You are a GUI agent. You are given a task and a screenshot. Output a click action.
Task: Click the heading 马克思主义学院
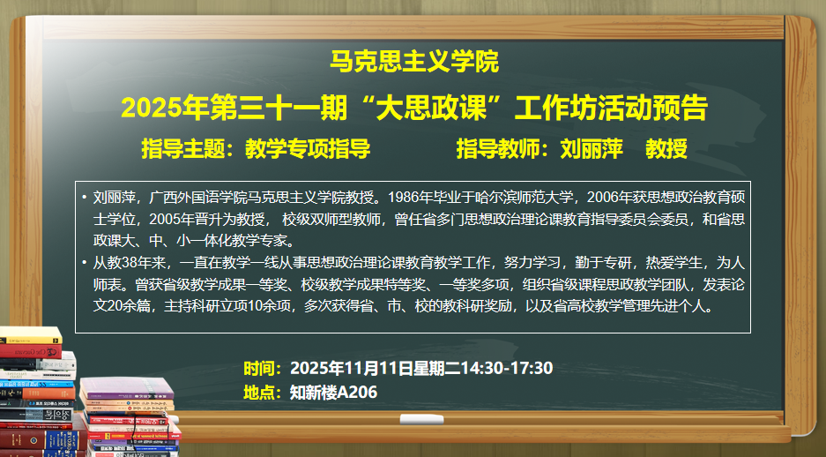pos(414,61)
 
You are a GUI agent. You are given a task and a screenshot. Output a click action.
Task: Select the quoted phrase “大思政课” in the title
pos(430,107)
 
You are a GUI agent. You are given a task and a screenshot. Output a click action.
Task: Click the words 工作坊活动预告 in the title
pos(611,108)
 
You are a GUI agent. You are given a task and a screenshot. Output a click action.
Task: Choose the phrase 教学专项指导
pos(308,148)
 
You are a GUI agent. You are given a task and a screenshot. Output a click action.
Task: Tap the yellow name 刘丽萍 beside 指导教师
pos(592,148)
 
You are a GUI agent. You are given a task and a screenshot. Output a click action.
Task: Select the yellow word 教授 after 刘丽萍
pos(666,148)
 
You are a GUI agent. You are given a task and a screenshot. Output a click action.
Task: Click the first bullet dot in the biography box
pos(85,197)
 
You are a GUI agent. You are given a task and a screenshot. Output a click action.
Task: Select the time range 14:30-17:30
pos(507,368)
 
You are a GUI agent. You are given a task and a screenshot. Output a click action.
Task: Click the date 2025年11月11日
pos(351,368)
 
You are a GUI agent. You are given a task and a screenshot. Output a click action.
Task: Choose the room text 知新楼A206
pos(333,393)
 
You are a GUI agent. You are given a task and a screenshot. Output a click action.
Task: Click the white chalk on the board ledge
pos(421,420)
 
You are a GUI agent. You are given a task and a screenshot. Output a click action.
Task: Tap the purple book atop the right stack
pos(126,389)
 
